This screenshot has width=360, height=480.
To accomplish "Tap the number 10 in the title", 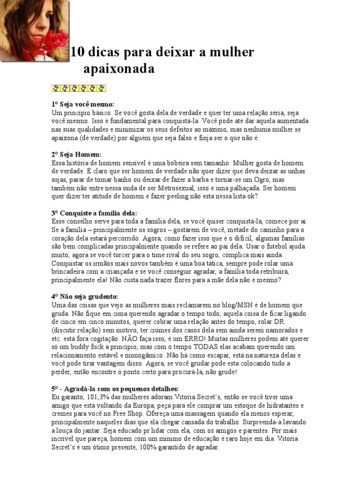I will pos(77,52).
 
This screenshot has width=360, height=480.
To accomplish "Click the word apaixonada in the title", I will pos(119,69).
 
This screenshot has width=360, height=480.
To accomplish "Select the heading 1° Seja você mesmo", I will pos(82,104).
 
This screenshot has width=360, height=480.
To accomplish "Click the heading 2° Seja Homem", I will pos(76,154).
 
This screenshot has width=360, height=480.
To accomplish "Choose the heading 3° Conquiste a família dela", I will pos(93,212).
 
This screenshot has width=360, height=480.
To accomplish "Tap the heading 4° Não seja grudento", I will pos(84,296).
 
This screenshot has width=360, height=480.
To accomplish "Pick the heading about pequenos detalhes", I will pos(115,389).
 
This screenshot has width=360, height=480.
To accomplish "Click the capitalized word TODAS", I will pos(203,346).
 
